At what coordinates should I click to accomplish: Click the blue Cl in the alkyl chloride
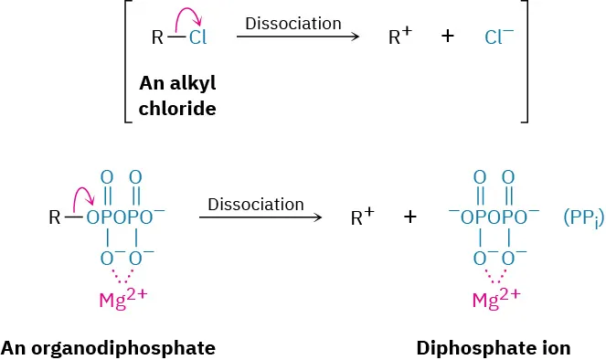click(x=197, y=38)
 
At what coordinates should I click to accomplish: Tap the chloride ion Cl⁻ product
click(x=499, y=38)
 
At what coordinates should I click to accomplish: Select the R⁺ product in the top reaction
click(x=399, y=38)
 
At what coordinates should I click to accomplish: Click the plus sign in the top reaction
click(x=448, y=38)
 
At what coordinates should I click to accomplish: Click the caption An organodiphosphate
click(x=108, y=348)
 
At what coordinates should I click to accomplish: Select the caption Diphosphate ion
click(x=493, y=348)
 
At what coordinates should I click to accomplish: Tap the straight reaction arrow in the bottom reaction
click(x=260, y=218)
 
